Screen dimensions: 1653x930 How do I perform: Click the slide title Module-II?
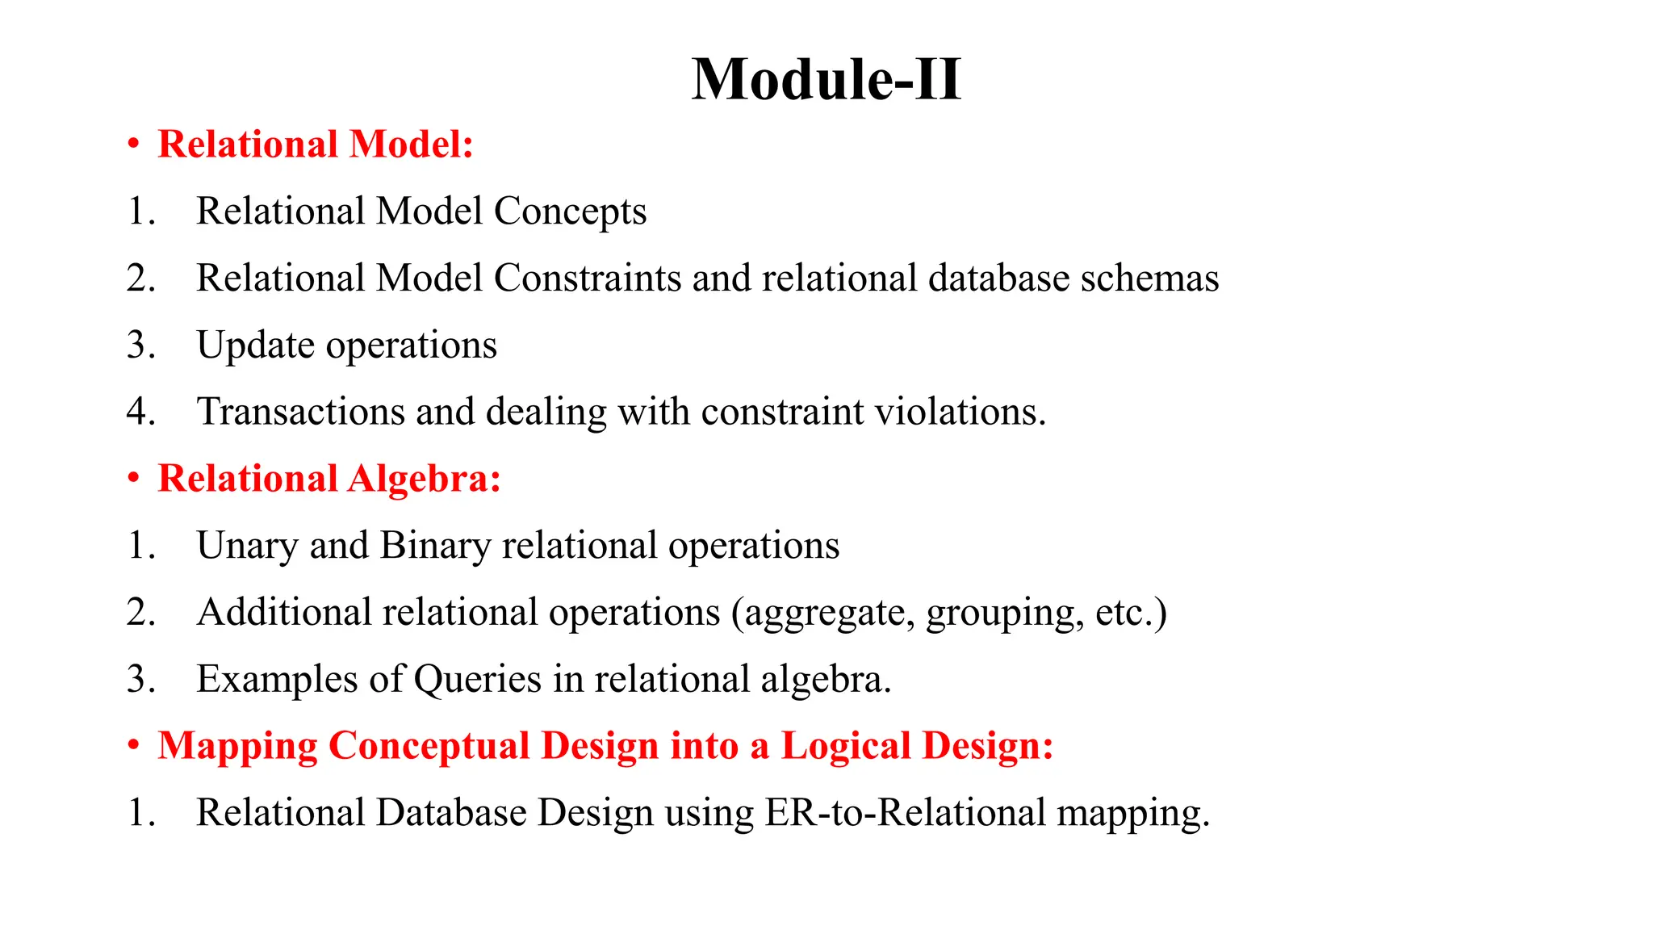point(826,80)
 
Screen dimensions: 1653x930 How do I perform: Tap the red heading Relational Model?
point(315,145)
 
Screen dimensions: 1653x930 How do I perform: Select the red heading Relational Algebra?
point(329,478)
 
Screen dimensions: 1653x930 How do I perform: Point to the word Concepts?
point(570,212)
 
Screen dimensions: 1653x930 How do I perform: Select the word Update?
point(255,346)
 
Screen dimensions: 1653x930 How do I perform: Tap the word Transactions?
point(300,412)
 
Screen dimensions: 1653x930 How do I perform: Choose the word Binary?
point(435,546)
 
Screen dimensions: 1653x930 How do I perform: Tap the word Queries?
point(478,680)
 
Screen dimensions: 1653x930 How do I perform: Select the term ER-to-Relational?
point(905,813)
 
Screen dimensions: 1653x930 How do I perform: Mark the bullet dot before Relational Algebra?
point(133,479)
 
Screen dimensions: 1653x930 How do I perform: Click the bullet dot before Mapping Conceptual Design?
point(133,746)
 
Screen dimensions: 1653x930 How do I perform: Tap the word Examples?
point(277,680)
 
